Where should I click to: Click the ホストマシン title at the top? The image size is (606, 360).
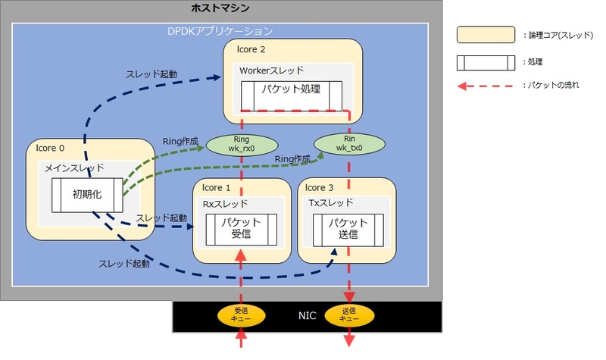(220, 8)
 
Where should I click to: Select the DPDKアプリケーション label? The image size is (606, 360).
(220, 31)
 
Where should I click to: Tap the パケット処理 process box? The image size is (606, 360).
(292, 96)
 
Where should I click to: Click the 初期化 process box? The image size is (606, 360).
(87, 195)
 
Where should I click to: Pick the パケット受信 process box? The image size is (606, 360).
(241, 230)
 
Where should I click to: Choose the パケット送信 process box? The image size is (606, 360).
(348, 230)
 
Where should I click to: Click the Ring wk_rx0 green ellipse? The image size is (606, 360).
(242, 145)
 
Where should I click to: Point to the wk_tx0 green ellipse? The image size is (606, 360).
(349, 144)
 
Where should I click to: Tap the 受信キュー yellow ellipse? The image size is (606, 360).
(241, 315)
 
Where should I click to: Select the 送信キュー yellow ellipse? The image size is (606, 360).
(349, 315)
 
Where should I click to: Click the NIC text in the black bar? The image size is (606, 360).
(308, 316)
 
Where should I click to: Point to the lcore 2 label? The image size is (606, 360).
(251, 49)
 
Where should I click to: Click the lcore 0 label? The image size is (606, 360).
(50, 148)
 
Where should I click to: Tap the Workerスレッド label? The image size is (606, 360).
(272, 70)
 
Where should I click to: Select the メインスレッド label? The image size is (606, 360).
(74, 168)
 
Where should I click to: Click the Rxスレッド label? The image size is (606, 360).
(225, 204)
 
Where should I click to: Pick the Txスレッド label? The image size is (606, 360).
(331, 202)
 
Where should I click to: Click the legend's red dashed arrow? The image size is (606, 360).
(486, 86)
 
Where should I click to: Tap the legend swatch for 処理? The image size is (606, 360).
(486, 63)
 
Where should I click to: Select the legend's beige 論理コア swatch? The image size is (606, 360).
(486, 34)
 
